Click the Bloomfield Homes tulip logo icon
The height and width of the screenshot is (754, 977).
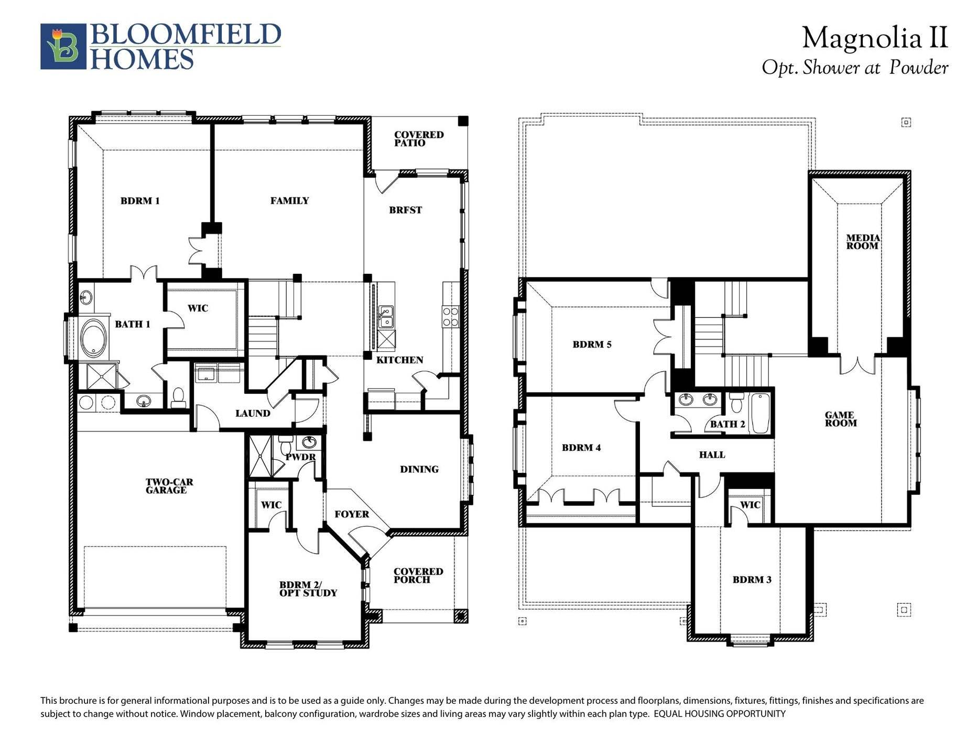click(x=63, y=46)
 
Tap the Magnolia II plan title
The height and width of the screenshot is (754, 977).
click(x=874, y=38)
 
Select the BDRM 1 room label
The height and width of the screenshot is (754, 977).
click(x=140, y=201)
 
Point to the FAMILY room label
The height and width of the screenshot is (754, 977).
click(x=289, y=201)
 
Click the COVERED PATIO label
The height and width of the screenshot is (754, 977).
click(x=418, y=139)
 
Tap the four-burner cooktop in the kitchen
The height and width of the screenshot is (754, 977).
click(x=450, y=317)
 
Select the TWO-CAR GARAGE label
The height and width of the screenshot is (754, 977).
click(x=169, y=486)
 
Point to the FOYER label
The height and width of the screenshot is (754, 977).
click(x=352, y=514)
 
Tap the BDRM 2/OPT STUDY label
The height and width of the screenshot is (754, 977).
click(x=308, y=589)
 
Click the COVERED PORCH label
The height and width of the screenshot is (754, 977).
click(x=418, y=575)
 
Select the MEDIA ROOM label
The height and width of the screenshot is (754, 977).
click(x=863, y=241)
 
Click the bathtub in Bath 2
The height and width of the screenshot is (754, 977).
click(x=759, y=413)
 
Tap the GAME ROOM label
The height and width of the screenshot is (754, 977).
click(x=840, y=419)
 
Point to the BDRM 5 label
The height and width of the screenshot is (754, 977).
click(x=592, y=345)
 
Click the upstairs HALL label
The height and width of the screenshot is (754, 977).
click(x=712, y=455)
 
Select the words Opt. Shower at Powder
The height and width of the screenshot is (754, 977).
click(x=854, y=68)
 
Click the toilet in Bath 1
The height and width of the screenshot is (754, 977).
click(x=178, y=398)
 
